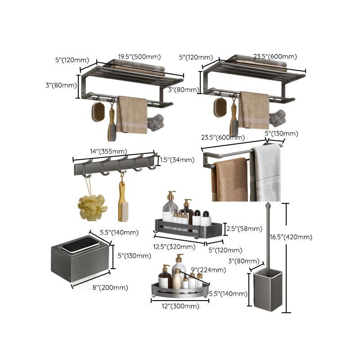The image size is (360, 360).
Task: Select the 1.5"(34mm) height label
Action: pos(177,160)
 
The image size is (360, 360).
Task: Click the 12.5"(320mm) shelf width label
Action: pos(175,246)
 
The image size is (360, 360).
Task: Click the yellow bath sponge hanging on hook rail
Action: pos(92,207)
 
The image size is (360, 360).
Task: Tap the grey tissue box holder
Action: pos(80,261)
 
